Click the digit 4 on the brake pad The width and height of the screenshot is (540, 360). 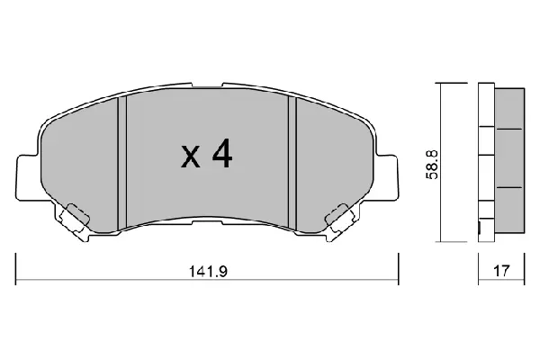222,154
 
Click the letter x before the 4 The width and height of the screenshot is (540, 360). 191,157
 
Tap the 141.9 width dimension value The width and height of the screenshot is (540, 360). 209,271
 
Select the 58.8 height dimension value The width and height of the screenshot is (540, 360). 431,165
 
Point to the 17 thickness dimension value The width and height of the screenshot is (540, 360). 501,271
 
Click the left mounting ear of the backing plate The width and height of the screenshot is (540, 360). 27,177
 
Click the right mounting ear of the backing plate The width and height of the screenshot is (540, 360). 387,177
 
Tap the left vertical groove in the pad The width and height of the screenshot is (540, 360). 122,163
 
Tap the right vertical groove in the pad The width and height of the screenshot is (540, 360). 292,163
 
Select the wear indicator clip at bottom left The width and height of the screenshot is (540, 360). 75,221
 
